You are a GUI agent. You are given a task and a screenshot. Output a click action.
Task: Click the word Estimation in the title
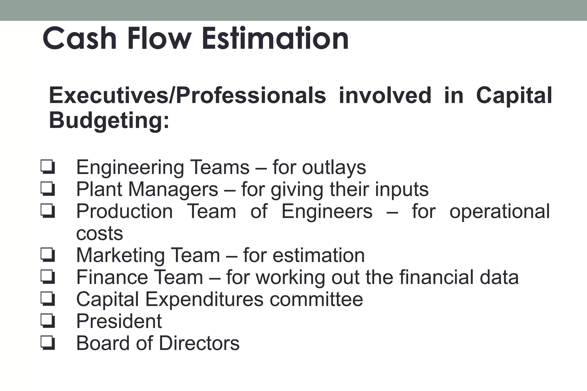coord(275,38)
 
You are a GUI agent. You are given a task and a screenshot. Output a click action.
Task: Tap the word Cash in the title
coord(79,38)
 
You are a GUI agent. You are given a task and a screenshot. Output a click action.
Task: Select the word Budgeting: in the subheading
coord(109,121)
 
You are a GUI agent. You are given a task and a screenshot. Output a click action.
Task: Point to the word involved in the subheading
coord(385,95)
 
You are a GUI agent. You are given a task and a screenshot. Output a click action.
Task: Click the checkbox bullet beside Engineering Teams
coord(48,167)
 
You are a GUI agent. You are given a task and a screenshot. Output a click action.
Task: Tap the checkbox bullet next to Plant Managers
coord(48,189)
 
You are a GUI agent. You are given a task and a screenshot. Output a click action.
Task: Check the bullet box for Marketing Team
coord(48,255)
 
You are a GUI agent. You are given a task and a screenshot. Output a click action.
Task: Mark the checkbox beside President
coord(48,321)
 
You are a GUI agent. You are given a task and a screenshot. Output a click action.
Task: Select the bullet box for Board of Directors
coord(48,343)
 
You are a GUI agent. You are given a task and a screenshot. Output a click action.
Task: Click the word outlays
coord(334,167)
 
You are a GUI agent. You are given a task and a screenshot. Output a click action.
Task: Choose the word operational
coord(500,211)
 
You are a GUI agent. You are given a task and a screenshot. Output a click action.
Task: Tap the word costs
coord(99,233)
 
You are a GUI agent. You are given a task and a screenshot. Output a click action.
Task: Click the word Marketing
coord(120,256)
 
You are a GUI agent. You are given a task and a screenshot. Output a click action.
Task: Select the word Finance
coord(111,277)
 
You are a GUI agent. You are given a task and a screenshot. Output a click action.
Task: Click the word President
coord(119,321)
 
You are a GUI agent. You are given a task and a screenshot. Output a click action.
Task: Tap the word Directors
coord(199,343)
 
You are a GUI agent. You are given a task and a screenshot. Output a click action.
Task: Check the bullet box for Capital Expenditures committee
coord(48,299)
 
